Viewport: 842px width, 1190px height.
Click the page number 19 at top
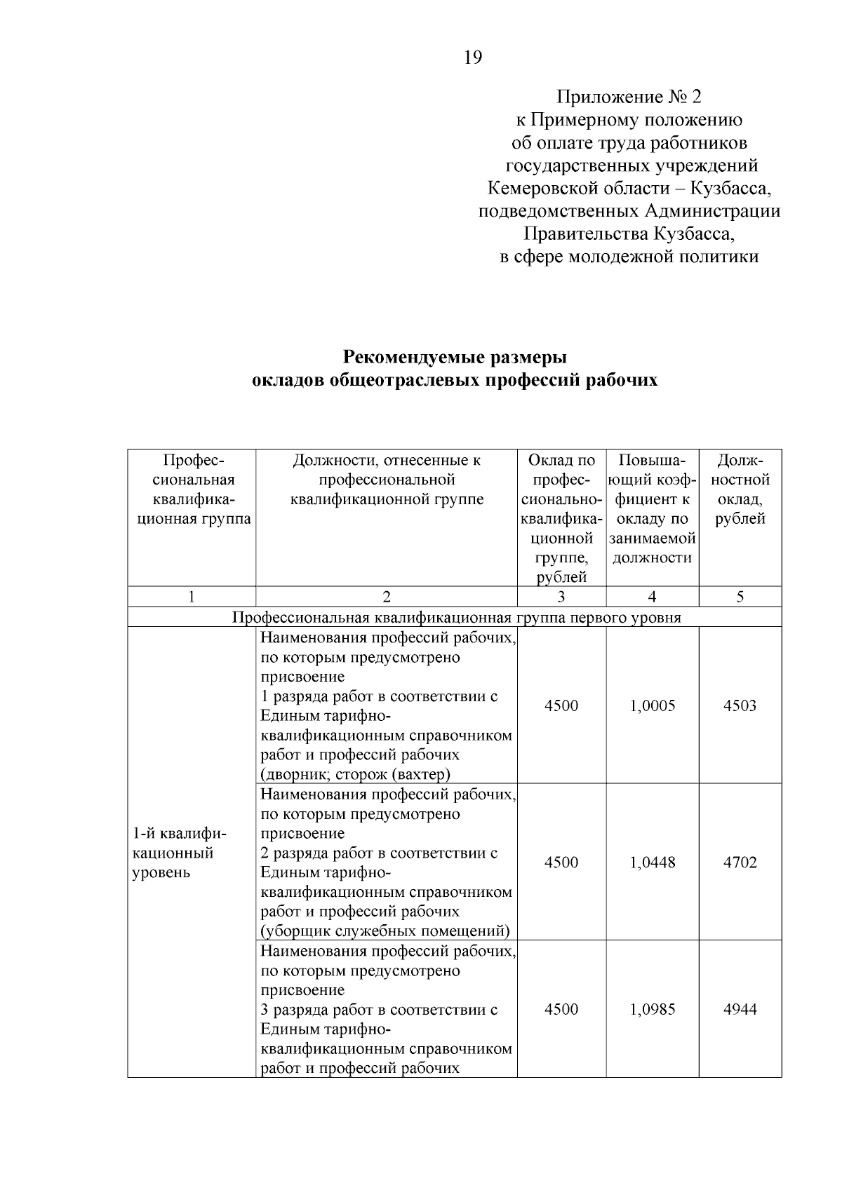coord(473,58)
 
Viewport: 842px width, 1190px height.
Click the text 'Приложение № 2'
coord(629,97)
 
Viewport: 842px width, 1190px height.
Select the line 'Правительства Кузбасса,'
coord(629,234)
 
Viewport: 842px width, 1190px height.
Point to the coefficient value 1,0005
coord(653,705)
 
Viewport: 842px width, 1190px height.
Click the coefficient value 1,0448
coord(653,863)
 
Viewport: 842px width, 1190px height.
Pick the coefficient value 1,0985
coord(653,1009)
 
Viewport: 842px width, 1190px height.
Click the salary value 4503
coord(740,705)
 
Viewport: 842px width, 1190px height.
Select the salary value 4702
coord(740,863)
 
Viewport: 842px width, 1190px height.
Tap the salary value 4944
coord(740,1009)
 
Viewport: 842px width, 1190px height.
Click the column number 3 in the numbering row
coord(561,597)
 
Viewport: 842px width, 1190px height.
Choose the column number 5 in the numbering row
coord(740,597)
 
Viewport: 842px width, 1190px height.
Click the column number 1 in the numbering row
coord(191,597)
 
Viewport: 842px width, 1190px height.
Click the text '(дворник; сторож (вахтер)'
coord(356,774)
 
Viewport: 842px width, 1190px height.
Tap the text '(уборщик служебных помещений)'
coord(385,931)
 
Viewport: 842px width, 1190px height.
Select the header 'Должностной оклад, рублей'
coord(740,489)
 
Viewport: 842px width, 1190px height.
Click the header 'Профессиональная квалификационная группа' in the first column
coord(192,489)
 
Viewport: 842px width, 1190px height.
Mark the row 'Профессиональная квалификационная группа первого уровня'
coord(455,617)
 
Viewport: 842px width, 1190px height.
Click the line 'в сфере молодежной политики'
coord(629,257)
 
